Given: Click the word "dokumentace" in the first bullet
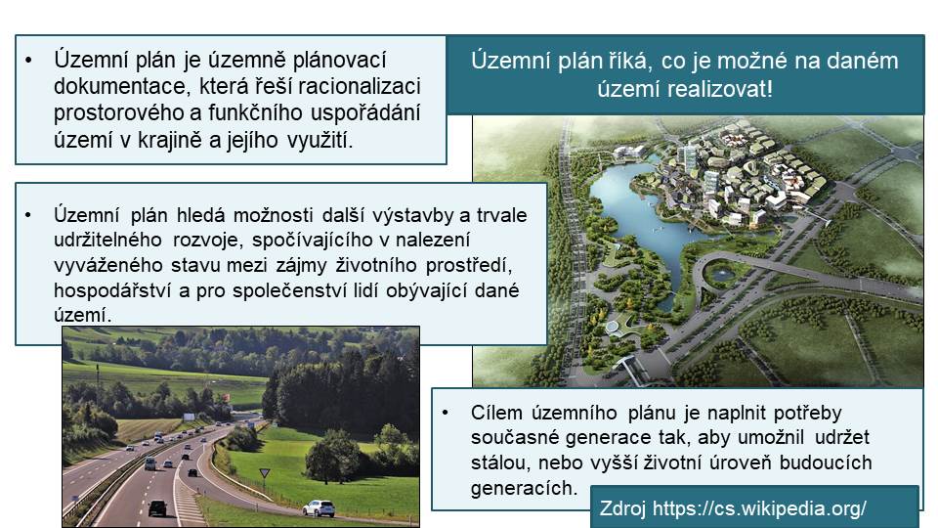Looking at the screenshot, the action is click(119, 86).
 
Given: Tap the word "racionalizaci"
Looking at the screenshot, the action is click(359, 86).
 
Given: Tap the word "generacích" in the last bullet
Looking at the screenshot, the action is click(524, 488).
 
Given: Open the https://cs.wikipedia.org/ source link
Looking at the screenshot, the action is click(759, 508).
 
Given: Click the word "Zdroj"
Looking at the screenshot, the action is click(622, 508).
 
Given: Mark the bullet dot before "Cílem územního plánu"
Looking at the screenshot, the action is click(446, 413).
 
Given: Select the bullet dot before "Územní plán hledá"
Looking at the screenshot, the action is click(28, 215).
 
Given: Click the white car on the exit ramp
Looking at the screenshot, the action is click(319, 508).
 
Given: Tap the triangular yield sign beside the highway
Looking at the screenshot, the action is click(265, 473).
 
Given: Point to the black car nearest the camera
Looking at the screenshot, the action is click(158, 508).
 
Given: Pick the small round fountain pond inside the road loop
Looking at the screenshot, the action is click(720, 275).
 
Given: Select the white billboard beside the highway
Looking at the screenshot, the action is click(189, 417).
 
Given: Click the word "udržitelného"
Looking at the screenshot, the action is click(107, 241).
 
